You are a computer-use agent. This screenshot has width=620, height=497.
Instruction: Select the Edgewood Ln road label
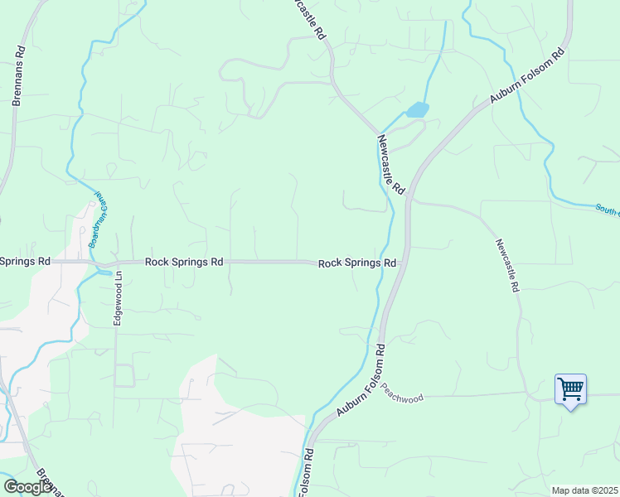[x=119, y=298]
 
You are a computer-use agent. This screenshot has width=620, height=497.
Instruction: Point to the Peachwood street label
[x=403, y=398]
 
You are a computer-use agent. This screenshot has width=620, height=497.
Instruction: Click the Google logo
[x=27, y=487]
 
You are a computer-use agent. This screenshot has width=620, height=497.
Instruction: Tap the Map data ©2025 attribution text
[x=585, y=490]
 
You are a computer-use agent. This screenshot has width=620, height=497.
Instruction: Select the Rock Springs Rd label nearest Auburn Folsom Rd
[x=357, y=263]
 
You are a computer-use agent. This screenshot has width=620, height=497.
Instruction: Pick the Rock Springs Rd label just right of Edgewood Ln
[x=184, y=262]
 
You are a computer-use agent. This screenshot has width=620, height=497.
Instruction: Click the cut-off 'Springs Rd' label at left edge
[x=25, y=261]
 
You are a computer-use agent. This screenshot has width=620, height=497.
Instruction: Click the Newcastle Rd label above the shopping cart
[x=507, y=265]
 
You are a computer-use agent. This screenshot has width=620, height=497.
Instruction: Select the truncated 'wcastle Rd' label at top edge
[x=309, y=19]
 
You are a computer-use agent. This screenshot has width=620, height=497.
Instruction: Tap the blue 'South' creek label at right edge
[x=608, y=208]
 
